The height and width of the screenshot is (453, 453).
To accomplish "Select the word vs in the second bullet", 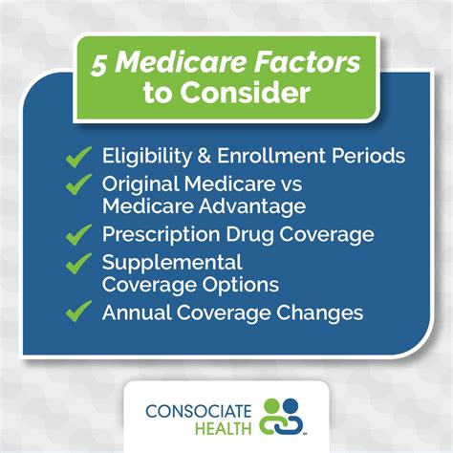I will click(x=265, y=183).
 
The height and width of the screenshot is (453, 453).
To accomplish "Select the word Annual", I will click(x=133, y=312).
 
